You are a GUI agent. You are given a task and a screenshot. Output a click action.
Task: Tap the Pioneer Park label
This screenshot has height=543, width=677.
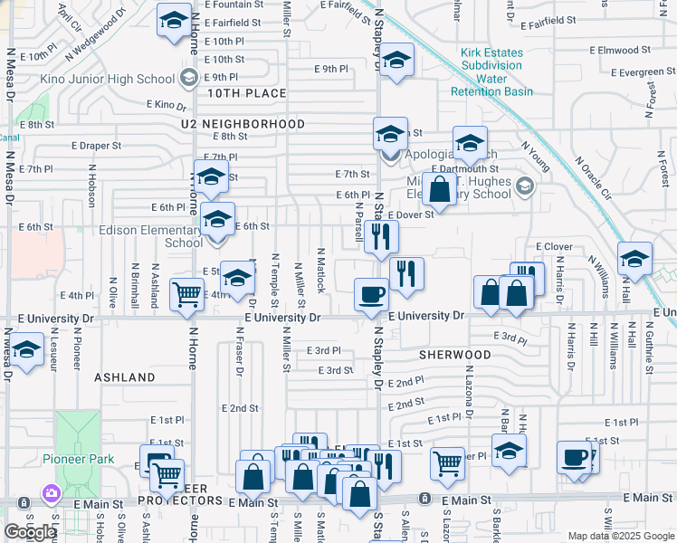click(x=79, y=459)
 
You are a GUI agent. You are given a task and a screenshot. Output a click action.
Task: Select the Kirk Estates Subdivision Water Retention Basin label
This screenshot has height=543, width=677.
click(x=491, y=72)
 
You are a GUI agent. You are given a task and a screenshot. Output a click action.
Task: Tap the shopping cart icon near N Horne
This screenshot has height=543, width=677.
click(x=186, y=293)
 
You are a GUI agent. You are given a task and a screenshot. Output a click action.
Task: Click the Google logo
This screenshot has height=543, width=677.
click(x=30, y=532)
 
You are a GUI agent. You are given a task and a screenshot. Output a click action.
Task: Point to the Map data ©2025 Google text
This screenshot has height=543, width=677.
click(x=620, y=536)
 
